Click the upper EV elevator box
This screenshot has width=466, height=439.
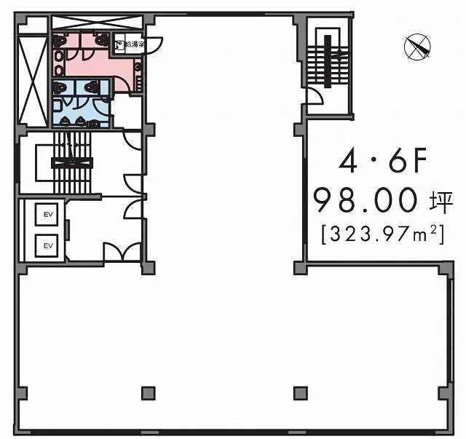click(x=47, y=214)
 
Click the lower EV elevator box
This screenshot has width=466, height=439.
click(x=47, y=245)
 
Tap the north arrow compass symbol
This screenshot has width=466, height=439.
click(x=417, y=47)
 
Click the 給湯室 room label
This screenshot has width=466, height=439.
click(x=135, y=44)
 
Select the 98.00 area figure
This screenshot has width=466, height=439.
click(x=366, y=199)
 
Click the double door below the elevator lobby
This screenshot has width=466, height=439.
click(x=122, y=252)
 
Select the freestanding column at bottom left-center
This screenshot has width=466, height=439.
click(x=148, y=393)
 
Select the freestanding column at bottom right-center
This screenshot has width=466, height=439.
click(x=301, y=393)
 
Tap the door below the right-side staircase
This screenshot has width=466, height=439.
click(x=315, y=95)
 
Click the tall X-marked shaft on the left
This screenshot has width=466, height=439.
click(x=33, y=82)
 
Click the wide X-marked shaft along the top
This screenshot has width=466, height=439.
click(x=97, y=23)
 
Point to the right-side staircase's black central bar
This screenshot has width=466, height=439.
click(x=328, y=62)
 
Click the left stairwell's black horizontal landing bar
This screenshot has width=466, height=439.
click(x=72, y=162)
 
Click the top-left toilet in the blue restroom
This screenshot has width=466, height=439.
click(x=60, y=87)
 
